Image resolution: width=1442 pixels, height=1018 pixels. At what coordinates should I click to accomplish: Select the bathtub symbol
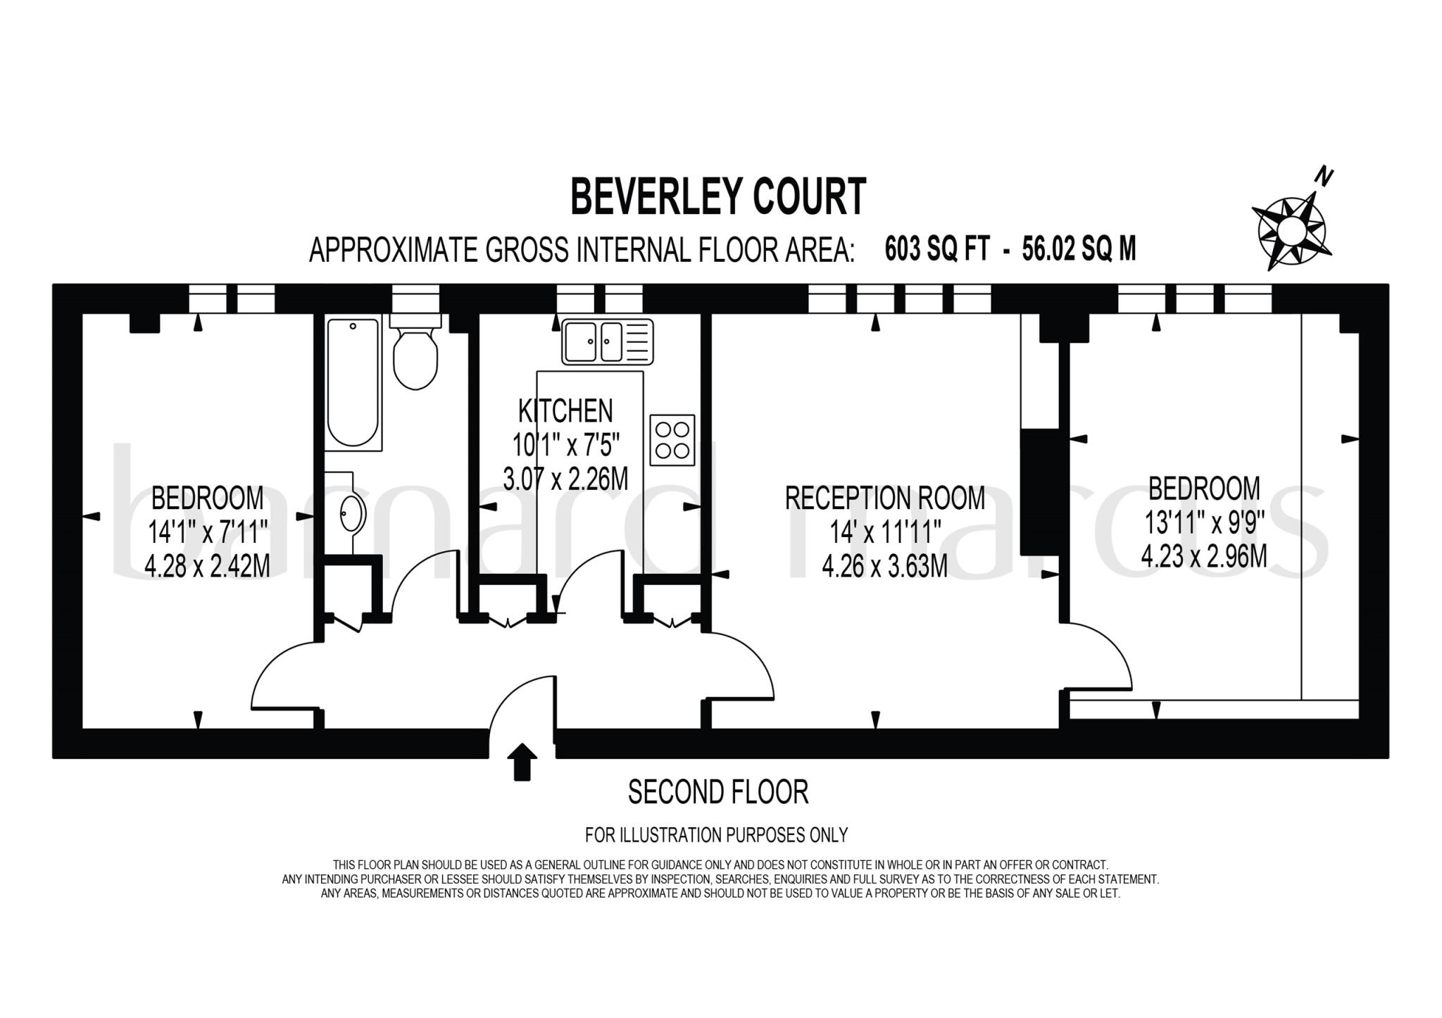(353, 384)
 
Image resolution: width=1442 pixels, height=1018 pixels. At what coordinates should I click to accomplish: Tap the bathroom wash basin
(351, 513)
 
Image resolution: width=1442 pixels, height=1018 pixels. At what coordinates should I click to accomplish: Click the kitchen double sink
(607, 341)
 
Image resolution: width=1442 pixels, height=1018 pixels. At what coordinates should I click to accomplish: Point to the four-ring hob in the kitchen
(672, 440)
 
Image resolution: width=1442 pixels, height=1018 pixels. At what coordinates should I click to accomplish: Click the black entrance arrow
(522, 762)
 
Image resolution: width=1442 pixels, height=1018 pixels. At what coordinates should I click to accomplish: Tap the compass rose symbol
(1291, 230)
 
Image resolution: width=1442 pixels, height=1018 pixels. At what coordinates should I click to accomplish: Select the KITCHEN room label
(565, 410)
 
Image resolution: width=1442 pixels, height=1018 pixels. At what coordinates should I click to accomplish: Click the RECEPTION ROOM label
(884, 498)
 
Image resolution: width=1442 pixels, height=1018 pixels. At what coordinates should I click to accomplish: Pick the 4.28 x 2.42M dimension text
(207, 565)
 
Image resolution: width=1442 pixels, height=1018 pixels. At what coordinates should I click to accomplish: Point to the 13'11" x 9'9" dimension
(1204, 523)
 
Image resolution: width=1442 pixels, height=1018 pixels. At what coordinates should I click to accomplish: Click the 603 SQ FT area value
(937, 249)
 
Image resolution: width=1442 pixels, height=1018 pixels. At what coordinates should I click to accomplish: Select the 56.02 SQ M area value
(1079, 249)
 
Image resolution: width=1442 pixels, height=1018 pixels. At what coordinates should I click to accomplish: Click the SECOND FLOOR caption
(717, 792)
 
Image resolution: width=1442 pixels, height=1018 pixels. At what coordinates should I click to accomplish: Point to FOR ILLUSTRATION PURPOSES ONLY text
(716, 835)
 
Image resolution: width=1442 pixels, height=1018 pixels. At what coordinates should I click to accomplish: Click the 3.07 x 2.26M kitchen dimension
(565, 479)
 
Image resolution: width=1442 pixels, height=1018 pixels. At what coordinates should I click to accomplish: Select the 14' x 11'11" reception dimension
(885, 532)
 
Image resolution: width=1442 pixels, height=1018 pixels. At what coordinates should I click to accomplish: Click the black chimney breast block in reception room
(1040, 491)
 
